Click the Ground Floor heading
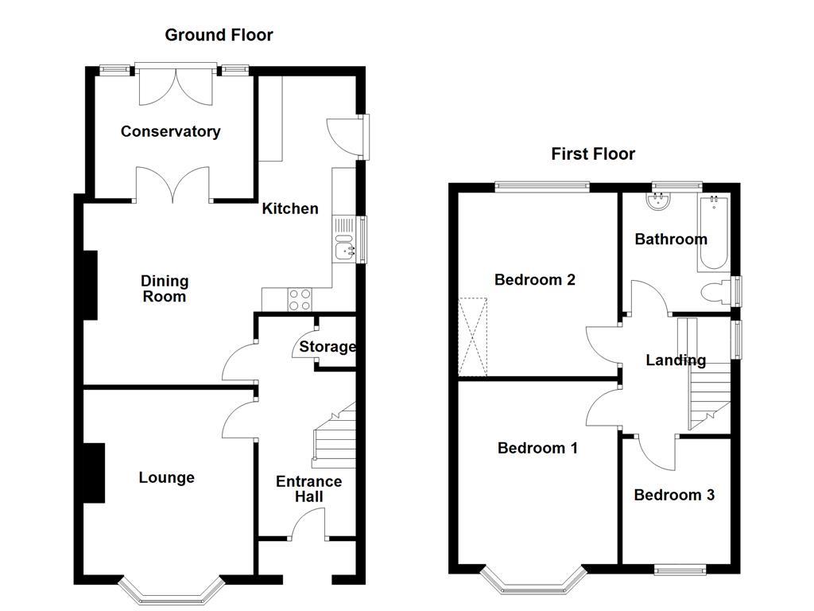(219, 35)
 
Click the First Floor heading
(593, 154)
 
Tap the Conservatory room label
(170, 131)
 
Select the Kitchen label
(290, 208)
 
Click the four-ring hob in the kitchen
(300, 299)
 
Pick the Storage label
(328, 347)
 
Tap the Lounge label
(166, 477)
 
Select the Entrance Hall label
(308, 489)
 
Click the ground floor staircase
(334, 438)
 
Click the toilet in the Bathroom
(716, 292)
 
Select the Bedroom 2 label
(534, 280)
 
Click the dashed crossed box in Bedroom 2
(472, 336)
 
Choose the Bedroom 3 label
(674, 495)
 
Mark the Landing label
(675, 360)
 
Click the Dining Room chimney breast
(90, 285)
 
